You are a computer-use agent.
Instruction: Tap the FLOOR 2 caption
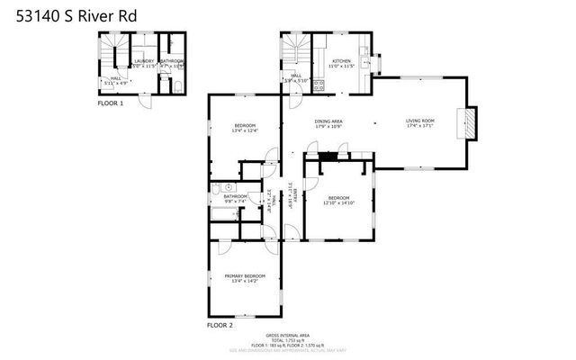point(220,324)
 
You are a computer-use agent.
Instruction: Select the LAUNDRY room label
point(144,61)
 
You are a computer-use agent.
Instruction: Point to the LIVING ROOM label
point(420,121)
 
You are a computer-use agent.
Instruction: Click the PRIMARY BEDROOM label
point(245,275)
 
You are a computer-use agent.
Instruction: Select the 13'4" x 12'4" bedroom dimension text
point(246,131)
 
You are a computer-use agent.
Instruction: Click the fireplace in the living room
point(467,122)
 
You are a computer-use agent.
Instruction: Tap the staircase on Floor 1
point(112,51)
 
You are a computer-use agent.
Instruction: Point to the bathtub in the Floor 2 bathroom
point(232,215)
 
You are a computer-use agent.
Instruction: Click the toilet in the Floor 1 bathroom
point(177,85)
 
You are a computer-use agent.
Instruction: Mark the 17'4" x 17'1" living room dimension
point(420,126)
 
